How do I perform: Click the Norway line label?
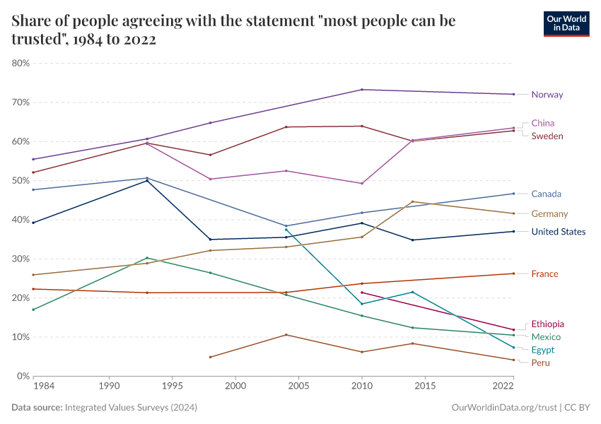[x=547, y=95]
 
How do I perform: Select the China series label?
[x=542, y=123]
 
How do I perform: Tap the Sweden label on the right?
[x=547, y=136]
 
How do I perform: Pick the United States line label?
[x=558, y=232]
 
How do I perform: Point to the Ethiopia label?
[x=547, y=324]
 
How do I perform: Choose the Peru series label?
[x=540, y=363]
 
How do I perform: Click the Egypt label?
[x=542, y=350]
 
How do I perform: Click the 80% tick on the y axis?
[x=21, y=63]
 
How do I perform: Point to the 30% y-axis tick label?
[x=21, y=259]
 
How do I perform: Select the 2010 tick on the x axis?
[x=362, y=387]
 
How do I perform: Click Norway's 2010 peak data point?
[x=362, y=90]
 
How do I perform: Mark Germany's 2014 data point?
[x=413, y=201]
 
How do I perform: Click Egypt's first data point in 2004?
[x=286, y=230]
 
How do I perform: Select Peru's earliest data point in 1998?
[x=210, y=357]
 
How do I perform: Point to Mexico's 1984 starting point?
[x=33, y=310]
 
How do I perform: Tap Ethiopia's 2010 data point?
[x=362, y=293]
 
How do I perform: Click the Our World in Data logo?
[x=566, y=23]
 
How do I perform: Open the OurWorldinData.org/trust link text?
[x=503, y=408]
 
